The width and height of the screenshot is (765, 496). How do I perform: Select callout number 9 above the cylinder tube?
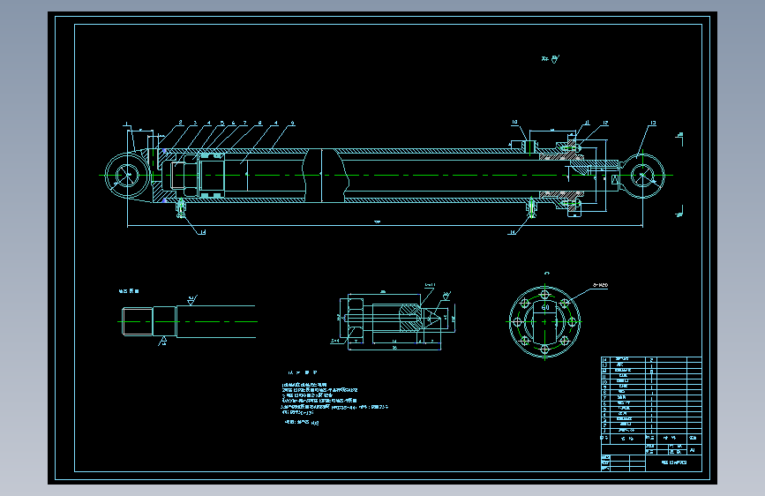point(292,123)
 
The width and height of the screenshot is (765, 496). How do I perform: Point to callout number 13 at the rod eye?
point(653,123)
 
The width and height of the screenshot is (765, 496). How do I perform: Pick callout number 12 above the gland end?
point(606,123)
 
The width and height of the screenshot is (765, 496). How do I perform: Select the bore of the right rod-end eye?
point(645,175)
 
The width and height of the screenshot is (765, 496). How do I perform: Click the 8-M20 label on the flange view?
point(602,285)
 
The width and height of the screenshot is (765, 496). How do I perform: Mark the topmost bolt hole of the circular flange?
point(545,295)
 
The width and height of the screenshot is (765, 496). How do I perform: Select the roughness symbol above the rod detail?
point(191,299)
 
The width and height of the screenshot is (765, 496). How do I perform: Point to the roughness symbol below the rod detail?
point(163,341)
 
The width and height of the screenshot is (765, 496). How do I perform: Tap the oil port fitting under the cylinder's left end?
point(182,208)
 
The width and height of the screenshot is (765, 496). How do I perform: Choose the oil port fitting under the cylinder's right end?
point(533,208)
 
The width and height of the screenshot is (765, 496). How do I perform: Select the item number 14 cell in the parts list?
point(605,360)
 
